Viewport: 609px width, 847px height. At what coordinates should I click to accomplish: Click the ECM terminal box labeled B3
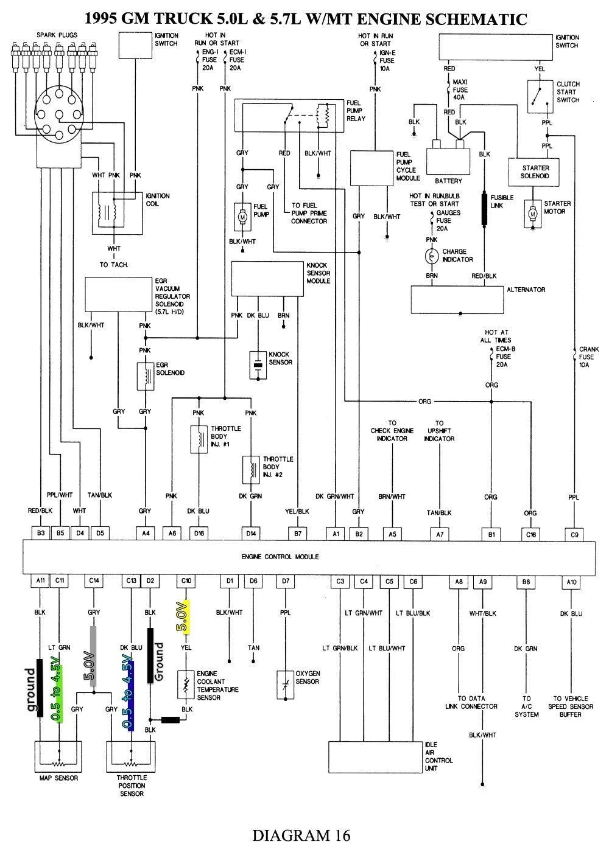(41, 534)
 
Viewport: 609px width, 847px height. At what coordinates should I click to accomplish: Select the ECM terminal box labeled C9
(574, 535)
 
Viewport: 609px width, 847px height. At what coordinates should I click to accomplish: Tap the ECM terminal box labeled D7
(285, 581)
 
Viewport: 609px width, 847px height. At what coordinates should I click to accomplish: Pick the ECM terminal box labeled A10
(571, 582)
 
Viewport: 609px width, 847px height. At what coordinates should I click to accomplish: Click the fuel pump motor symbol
(242, 217)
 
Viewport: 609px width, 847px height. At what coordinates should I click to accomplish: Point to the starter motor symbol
(533, 214)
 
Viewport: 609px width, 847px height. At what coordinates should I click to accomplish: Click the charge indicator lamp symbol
(432, 256)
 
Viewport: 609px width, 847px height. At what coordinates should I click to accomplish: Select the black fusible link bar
(485, 210)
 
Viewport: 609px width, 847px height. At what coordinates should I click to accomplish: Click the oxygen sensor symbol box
(285, 679)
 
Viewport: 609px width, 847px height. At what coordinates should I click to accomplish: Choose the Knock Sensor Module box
(267, 279)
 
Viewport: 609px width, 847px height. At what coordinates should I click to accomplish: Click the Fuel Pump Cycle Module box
(371, 168)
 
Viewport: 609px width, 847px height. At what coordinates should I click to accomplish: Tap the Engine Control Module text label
(280, 557)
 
